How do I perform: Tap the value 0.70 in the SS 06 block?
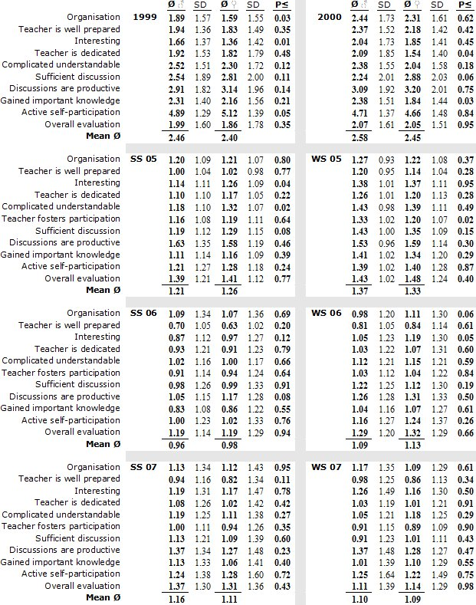coord(176,325)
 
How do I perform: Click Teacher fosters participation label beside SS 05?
coord(67,219)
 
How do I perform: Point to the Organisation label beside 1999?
coord(94,17)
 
